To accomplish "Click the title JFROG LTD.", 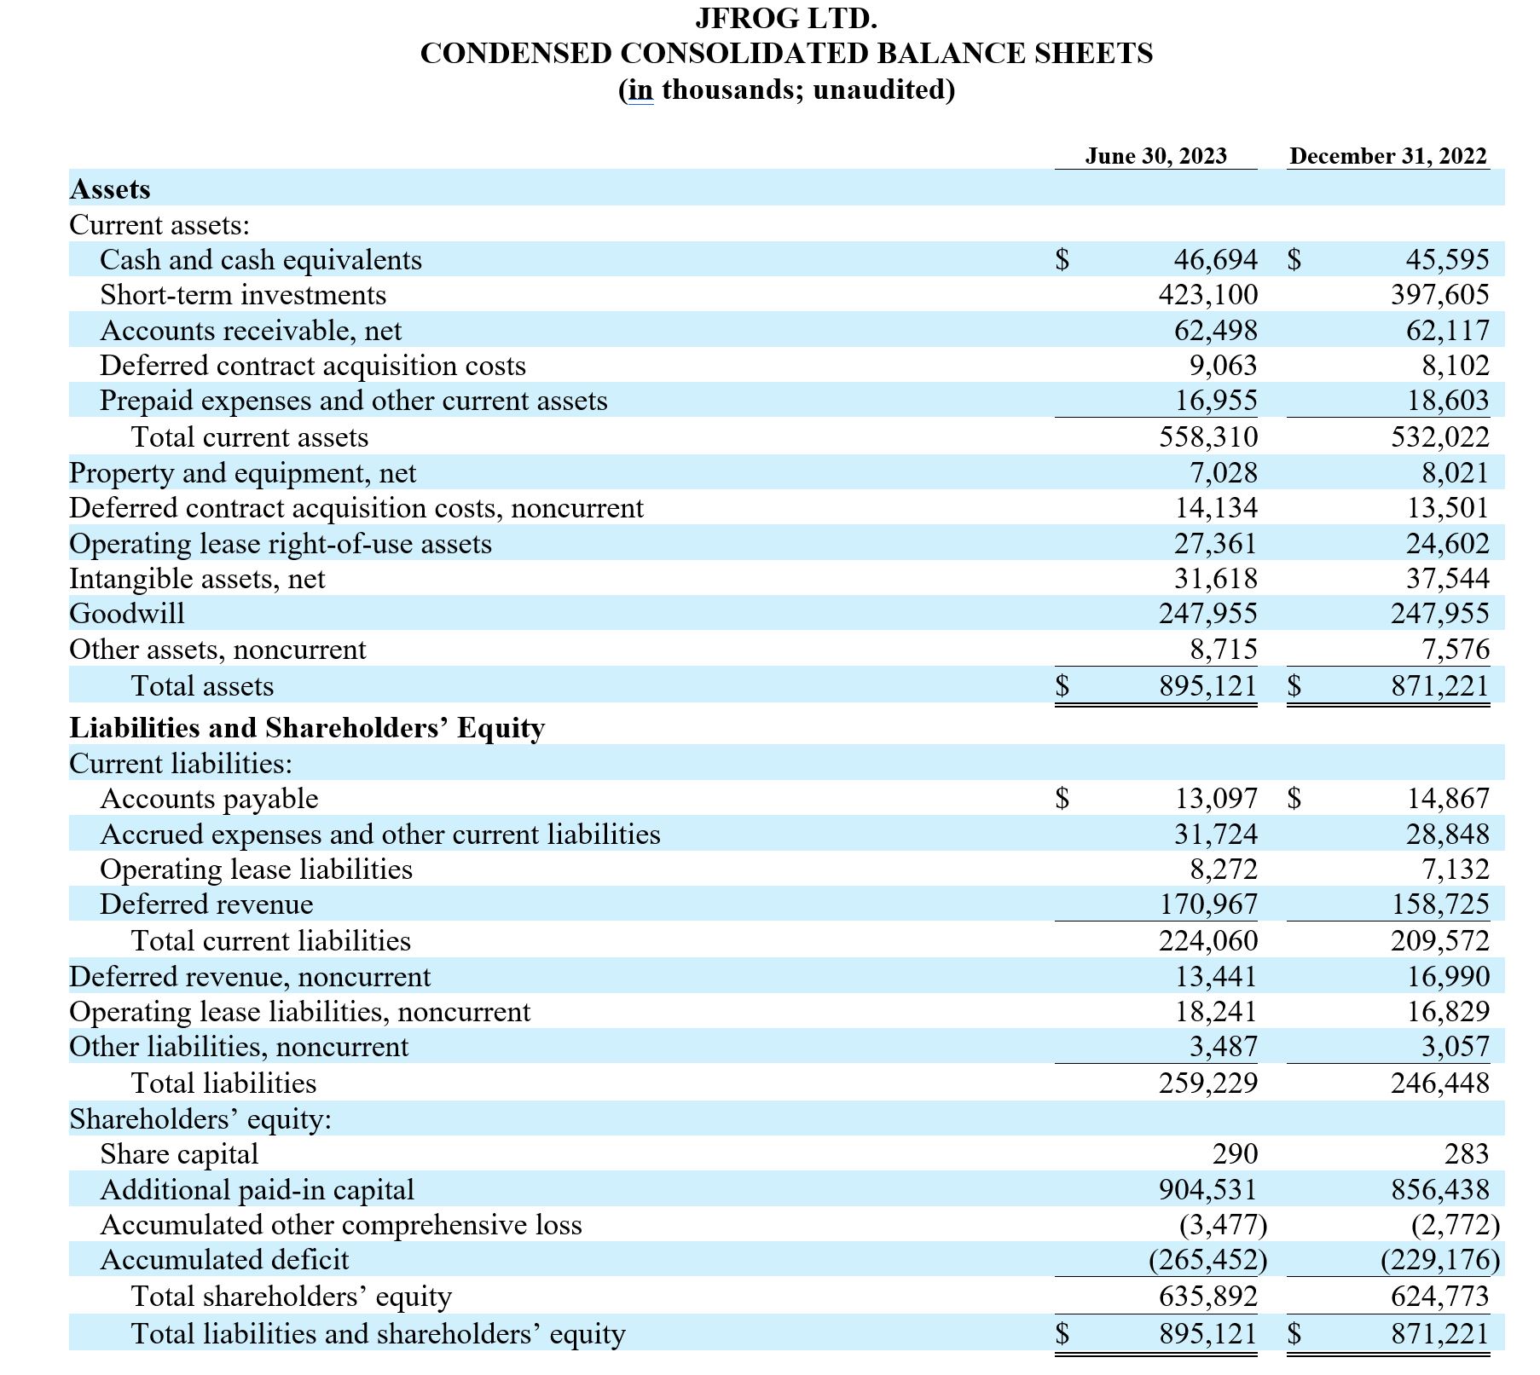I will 785,18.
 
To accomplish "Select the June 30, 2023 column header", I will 1155,156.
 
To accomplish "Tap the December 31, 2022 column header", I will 1387,156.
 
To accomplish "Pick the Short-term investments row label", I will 243,295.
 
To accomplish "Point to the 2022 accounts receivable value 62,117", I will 1447,330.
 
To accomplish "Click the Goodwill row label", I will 127,614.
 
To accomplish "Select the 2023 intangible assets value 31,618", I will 1215,579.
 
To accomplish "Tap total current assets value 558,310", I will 1207,437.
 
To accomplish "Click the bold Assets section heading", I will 110,188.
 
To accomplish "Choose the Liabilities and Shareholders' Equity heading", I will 307,728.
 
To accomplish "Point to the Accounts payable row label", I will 209,799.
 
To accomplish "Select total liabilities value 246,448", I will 1439,1083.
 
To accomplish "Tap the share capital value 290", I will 1235,1154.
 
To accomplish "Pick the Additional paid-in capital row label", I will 257,1190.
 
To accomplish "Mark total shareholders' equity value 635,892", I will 1207,1297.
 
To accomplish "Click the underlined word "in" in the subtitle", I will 640,90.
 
